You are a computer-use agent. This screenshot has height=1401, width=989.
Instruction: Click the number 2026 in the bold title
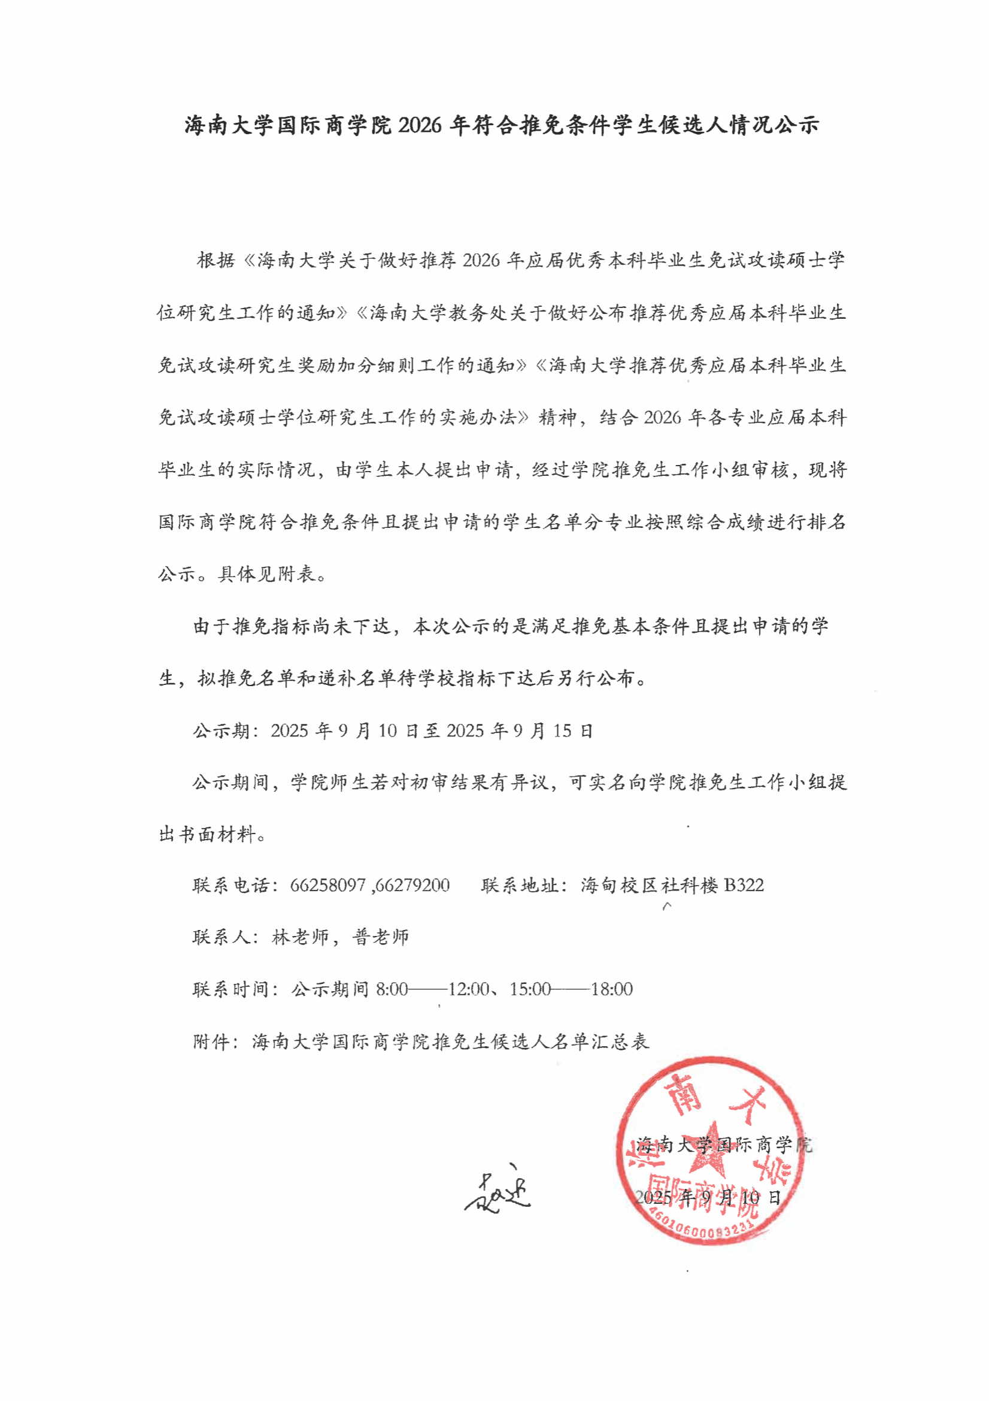(x=420, y=125)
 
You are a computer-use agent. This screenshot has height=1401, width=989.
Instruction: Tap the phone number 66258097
(x=327, y=885)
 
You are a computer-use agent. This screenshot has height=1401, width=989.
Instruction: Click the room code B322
(x=744, y=885)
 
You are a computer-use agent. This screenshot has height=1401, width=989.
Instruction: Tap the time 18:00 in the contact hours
(x=612, y=989)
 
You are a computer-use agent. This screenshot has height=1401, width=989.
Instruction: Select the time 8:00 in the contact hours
(x=392, y=989)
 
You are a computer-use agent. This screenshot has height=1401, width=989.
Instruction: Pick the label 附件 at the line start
(x=210, y=1041)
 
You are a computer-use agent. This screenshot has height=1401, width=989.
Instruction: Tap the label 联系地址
(x=519, y=885)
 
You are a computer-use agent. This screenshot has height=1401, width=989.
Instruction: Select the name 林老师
(x=301, y=937)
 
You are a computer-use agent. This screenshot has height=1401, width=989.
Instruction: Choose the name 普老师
(x=381, y=937)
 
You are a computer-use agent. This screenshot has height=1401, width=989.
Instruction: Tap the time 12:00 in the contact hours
(x=468, y=989)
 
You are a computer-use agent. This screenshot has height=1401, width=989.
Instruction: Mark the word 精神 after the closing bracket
(x=557, y=418)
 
